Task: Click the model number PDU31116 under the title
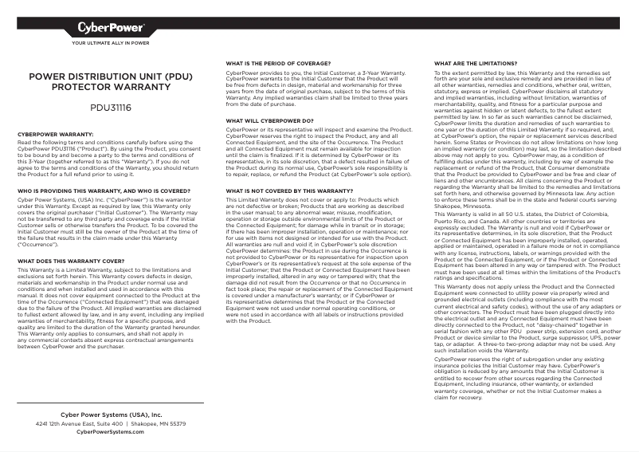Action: click(111, 106)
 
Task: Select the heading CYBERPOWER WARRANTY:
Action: click(56, 134)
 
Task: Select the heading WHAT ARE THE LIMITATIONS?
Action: click(476, 62)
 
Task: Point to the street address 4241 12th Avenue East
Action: click(79, 424)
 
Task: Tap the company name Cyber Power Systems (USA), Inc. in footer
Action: click(111, 415)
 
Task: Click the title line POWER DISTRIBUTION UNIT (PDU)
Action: click(111, 77)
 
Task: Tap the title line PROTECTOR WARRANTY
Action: click(111, 88)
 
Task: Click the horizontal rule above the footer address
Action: click(111, 403)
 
